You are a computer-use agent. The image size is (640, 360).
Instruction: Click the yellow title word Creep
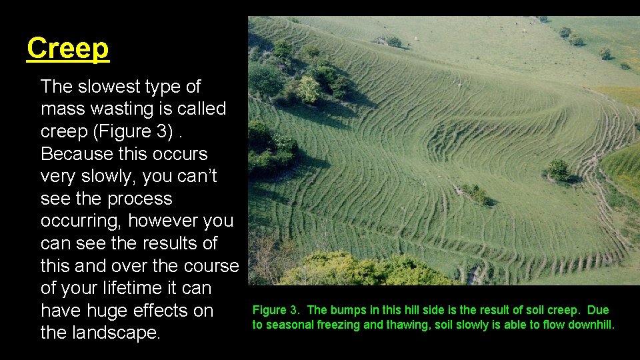(67, 49)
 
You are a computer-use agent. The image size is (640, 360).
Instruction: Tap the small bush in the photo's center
(475, 193)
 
